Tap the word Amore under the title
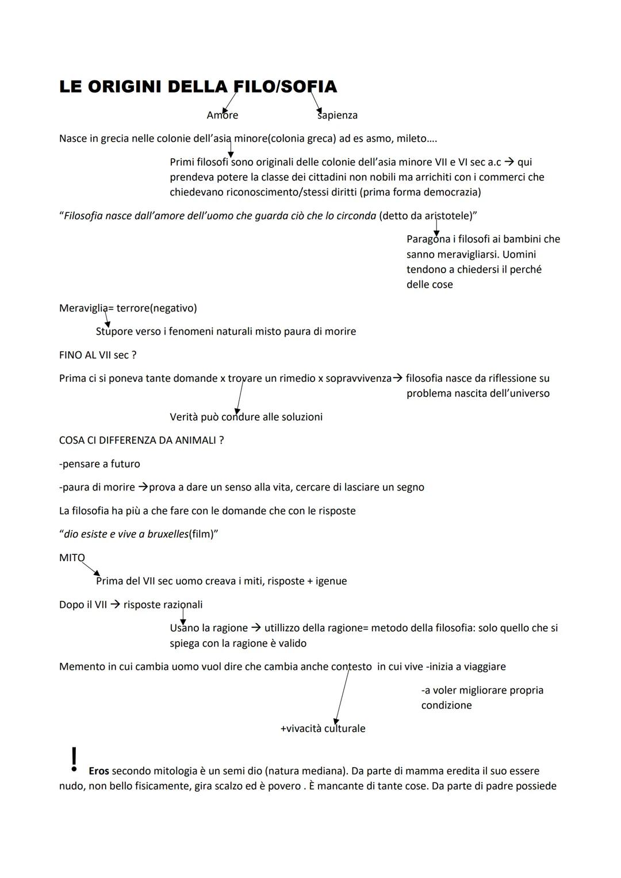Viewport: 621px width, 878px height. (223, 115)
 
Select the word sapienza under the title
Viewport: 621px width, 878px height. (338, 115)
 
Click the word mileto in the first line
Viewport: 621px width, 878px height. (411, 139)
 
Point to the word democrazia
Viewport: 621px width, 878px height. (451, 192)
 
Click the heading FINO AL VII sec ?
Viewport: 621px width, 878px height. (98, 355)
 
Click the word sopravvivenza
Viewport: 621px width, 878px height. (358, 378)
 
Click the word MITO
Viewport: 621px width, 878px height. (72, 558)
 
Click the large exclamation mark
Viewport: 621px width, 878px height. (74, 758)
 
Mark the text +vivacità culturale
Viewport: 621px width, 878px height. (323, 729)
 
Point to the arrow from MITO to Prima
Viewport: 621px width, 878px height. (91, 569)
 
